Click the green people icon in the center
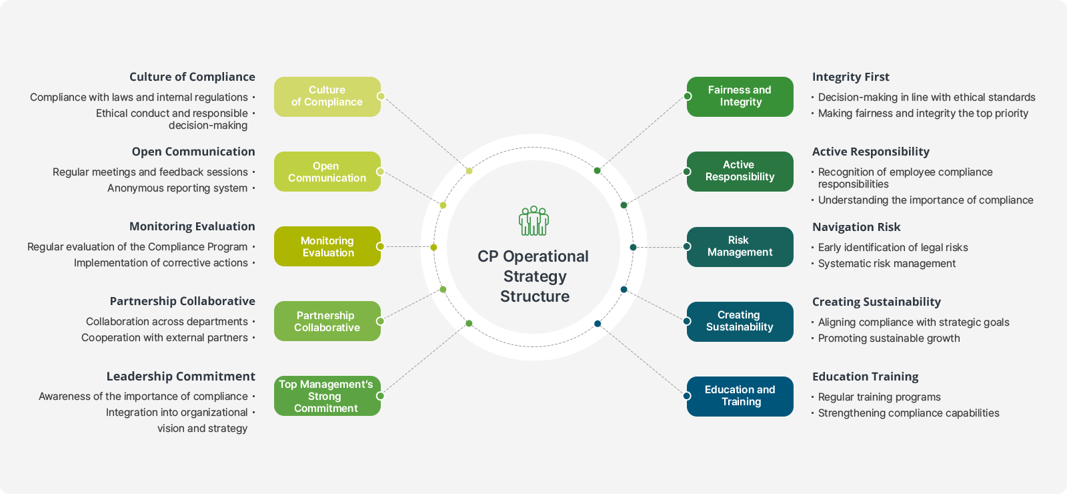pos(533,221)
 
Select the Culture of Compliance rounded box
pos(327,97)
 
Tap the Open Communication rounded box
pos(327,172)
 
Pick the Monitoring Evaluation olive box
pos(327,246)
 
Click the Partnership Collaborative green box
pos(327,321)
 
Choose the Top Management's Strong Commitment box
pos(327,396)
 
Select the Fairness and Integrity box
pos(740,97)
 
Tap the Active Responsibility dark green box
pos(740,172)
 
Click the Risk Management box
pos(740,247)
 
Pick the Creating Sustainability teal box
pos(740,322)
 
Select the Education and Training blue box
pos(740,397)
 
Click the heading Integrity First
pos(851,77)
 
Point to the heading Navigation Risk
pos(856,227)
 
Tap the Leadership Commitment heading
pos(181,377)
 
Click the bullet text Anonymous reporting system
pos(177,188)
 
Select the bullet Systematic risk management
pos(887,264)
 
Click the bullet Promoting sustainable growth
pos(889,338)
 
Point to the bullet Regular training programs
pos(880,397)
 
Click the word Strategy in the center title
pos(535,277)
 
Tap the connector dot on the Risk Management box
pos(687,246)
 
